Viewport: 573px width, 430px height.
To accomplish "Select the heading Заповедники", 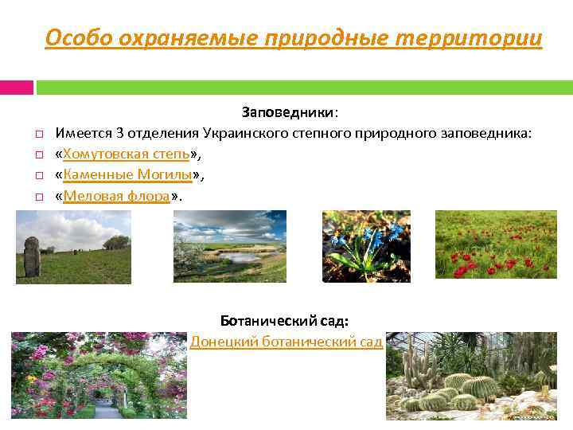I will pos(290,113).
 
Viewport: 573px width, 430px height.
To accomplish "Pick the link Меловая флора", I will pos(116,195).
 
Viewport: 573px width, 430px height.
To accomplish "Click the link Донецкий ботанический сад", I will pos(286,342).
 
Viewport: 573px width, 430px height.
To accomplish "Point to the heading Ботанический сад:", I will pos(284,321).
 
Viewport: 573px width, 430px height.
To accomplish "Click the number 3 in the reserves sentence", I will pos(119,133).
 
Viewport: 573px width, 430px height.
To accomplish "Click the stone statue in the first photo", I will pos(32,257).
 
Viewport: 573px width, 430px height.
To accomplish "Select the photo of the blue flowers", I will pos(365,246).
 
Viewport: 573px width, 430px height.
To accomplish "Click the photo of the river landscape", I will pos(229,246).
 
